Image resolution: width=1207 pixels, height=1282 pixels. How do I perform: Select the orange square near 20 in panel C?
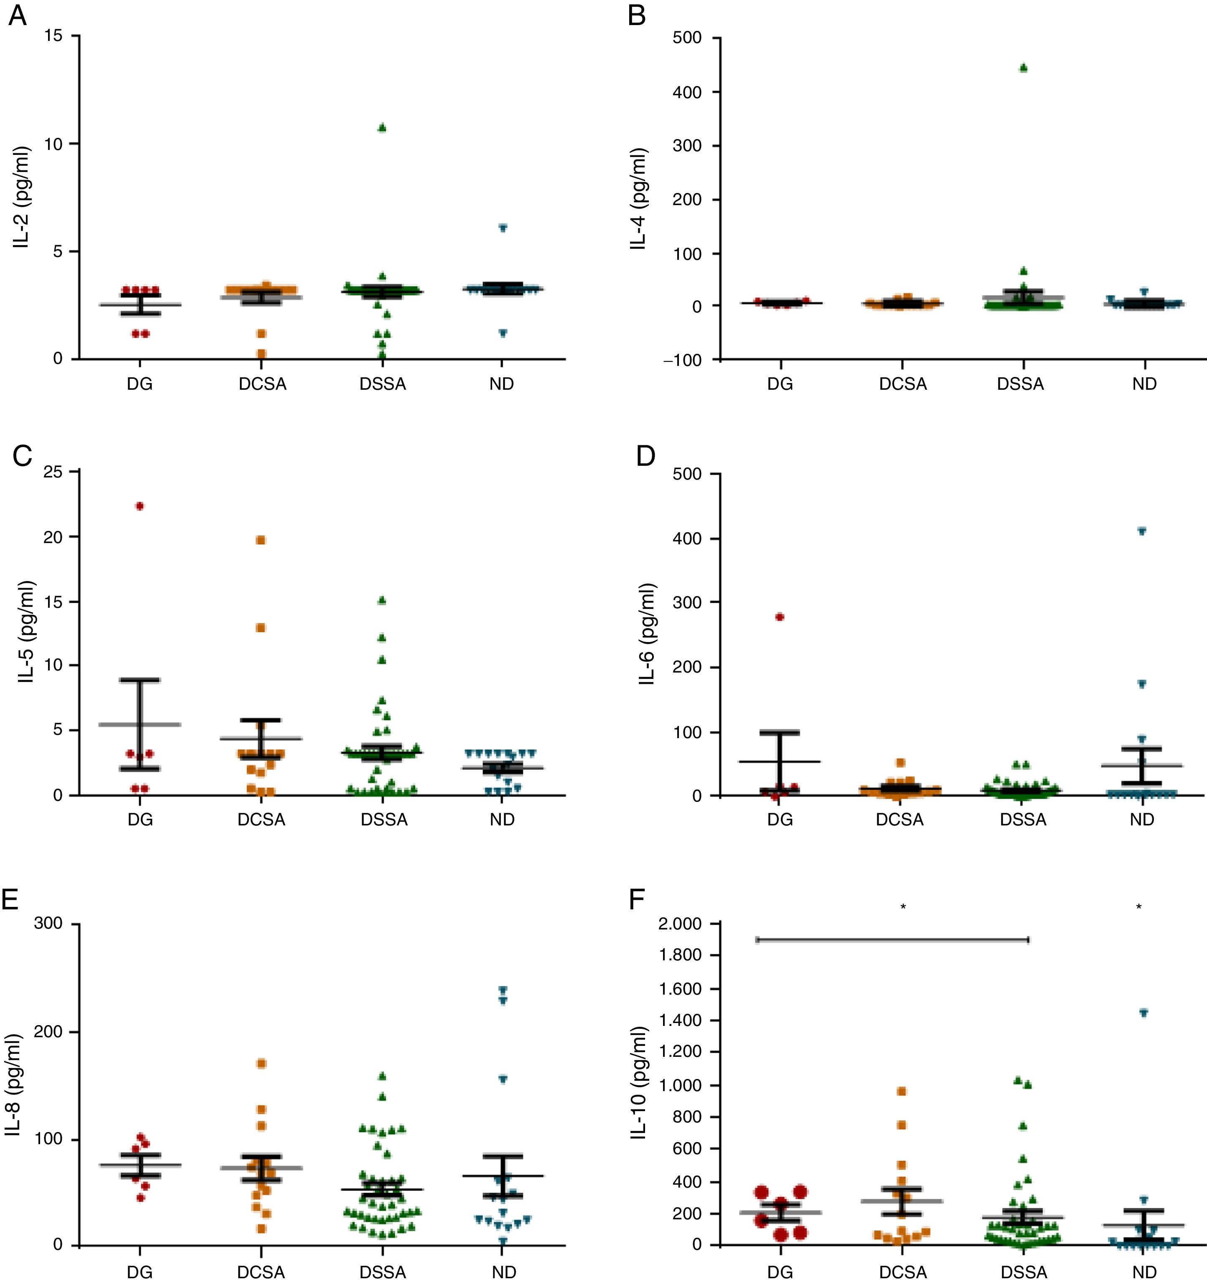pyautogui.click(x=261, y=540)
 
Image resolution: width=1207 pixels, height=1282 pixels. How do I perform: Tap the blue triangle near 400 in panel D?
pyautogui.click(x=1142, y=531)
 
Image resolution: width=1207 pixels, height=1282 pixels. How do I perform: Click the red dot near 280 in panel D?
pyautogui.click(x=779, y=617)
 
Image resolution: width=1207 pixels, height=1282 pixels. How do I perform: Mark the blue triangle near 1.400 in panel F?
pyautogui.click(x=1143, y=1013)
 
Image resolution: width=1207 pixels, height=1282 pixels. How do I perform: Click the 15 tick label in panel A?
pyautogui.click(x=53, y=36)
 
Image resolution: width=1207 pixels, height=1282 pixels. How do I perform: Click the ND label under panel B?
pyautogui.click(x=1144, y=384)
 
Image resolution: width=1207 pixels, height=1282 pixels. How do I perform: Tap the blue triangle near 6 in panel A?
pyautogui.click(x=503, y=228)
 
